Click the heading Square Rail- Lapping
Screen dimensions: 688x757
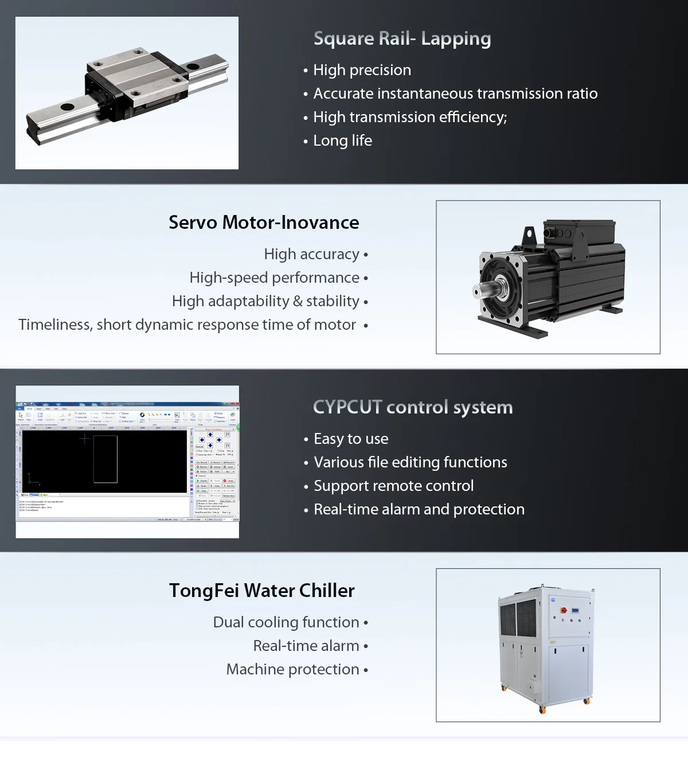pos(402,38)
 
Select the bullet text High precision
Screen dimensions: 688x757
pos(362,70)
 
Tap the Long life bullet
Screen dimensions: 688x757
pos(342,141)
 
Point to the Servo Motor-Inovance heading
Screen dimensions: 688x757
pos(264,223)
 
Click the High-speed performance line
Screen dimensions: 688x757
pos(275,278)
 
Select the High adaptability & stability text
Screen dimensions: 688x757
pos(265,301)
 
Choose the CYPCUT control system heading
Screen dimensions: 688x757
pos(413,407)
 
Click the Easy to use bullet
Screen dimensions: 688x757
pos(351,439)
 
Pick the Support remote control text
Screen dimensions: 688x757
pos(393,486)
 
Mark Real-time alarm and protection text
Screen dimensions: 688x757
pos(419,509)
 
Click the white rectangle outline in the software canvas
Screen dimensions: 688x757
pos(105,459)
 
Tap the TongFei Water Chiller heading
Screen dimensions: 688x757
pos(262,591)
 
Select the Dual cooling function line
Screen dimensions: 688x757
pos(286,622)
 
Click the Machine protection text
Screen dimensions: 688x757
pos(292,669)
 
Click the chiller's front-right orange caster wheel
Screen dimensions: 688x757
pos(587,701)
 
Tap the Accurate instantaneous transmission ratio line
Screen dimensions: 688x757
pos(455,93)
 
